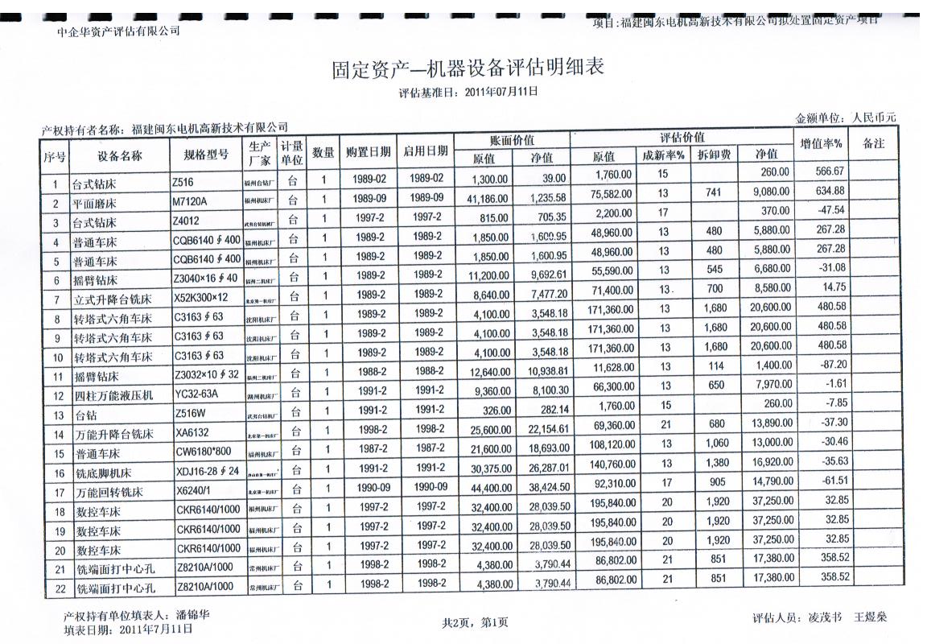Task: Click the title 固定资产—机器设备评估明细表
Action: tap(468, 69)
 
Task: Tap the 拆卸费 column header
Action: tap(714, 155)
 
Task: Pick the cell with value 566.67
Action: tap(829, 171)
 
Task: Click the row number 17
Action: tap(58, 493)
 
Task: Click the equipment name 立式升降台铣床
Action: tap(113, 300)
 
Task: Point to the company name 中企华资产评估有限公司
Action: tap(118, 31)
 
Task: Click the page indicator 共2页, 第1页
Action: tap(475, 621)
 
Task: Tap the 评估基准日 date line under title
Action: tap(468, 92)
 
